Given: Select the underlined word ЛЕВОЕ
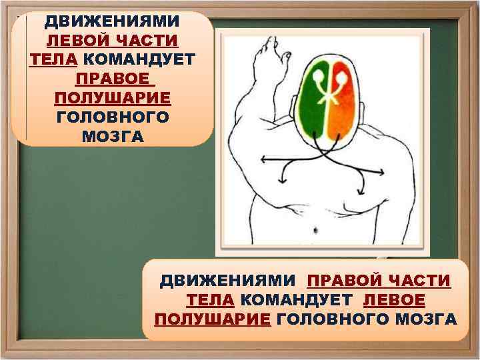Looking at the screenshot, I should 393,299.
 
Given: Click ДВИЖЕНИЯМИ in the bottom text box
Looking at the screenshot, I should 228,280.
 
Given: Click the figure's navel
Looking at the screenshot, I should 315,228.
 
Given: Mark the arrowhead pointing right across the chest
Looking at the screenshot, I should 382,173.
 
